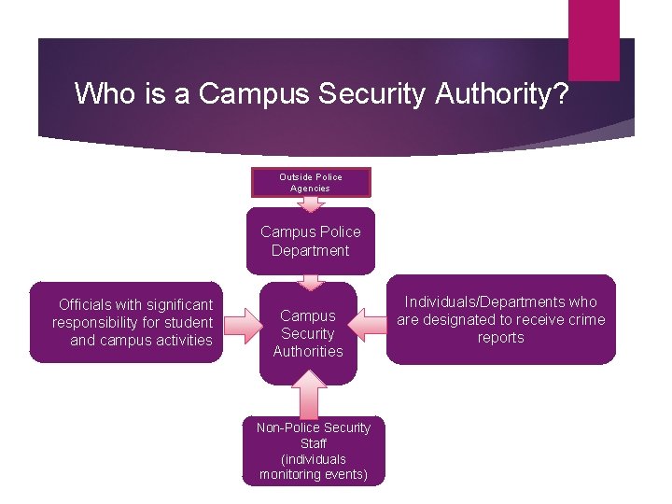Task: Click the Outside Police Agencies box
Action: pyautogui.click(x=311, y=182)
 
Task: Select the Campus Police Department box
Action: pyautogui.click(x=311, y=241)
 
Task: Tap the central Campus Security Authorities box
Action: pyautogui.click(x=308, y=333)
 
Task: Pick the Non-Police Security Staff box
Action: pyautogui.click(x=314, y=451)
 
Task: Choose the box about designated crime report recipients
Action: pyautogui.click(x=501, y=319)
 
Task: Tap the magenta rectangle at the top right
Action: pyautogui.click(x=594, y=39)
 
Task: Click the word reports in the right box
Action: pyautogui.click(x=501, y=337)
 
